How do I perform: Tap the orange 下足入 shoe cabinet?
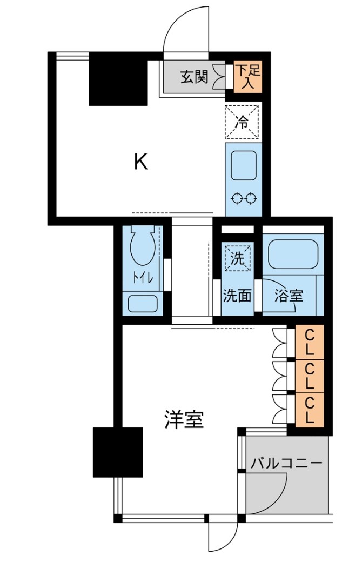tap(248, 77)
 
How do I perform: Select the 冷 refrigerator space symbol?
tap(243, 122)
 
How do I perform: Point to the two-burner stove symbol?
tap(244, 198)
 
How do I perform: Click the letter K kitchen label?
tap(141, 162)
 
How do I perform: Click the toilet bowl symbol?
tap(143, 246)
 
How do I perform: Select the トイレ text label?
tap(144, 278)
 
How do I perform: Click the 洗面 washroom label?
tap(238, 296)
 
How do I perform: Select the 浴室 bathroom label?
tap(289, 296)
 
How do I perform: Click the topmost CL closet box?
tap(310, 342)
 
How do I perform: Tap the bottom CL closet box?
tap(310, 410)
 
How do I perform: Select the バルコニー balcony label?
tap(287, 463)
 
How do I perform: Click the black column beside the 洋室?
tap(118, 452)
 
